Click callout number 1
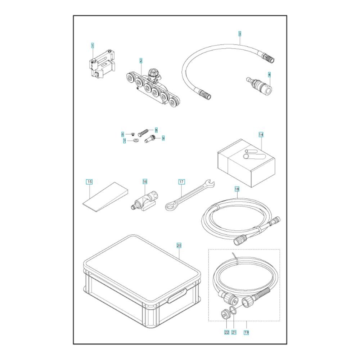tap(93, 45)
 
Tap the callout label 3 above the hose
tap(240, 34)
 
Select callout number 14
tap(261, 135)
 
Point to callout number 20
tap(179, 246)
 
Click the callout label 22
tap(227, 332)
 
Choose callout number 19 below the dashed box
tap(246, 332)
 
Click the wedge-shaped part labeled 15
tap(105, 197)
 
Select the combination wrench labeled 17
tap(190, 195)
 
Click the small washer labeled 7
tap(135, 140)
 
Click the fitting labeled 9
tap(150, 139)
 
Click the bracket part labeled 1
tap(101, 64)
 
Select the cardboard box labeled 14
tap(246, 163)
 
